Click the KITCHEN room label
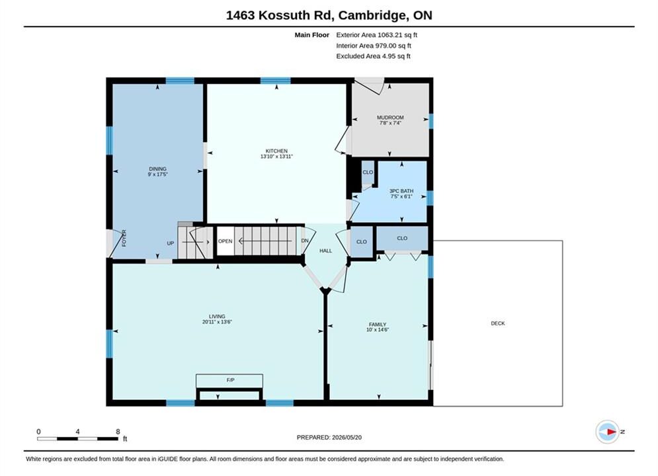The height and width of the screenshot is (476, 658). [x=276, y=151]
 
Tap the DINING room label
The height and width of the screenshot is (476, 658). [x=158, y=169]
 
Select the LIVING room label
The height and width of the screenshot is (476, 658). [x=217, y=317]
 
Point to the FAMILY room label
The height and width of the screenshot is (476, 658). [x=378, y=325]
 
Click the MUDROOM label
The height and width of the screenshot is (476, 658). [x=390, y=118]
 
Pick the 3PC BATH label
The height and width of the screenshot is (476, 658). [x=401, y=191]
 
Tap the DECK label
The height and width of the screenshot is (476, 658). [x=498, y=323]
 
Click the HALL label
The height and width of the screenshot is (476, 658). [x=325, y=251]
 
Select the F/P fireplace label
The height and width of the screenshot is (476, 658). [x=230, y=380]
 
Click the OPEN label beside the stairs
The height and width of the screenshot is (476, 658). [x=226, y=241]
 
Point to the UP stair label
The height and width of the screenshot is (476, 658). [x=171, y=243]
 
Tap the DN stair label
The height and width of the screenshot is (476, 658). [x=305, y=241]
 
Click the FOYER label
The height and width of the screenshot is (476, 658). [x=124, y=238]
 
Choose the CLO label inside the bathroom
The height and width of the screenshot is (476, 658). [x=368, y=173]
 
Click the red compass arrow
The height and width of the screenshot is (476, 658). [x=611, y=432]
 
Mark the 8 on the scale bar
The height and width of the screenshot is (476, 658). [x=118, y=432]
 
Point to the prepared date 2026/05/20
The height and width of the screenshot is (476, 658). [x=347, y=438]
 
